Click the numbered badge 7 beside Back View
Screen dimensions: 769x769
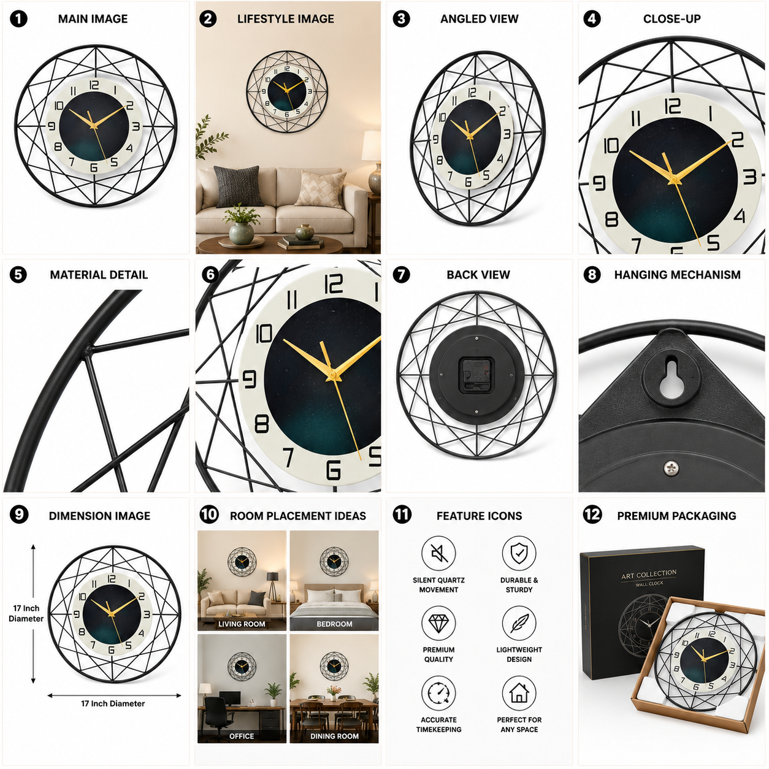tap(401, 275)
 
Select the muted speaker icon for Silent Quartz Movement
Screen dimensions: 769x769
tap(438, 554)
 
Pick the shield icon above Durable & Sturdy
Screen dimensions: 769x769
tap(519, 554)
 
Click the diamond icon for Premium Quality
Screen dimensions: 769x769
tap(438, 623)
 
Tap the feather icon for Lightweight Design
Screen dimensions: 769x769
tap(519, 623)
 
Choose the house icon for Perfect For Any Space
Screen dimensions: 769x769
tap(519, 694)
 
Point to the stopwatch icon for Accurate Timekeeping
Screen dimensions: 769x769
tap(438, 694)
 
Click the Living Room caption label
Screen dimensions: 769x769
tap(242, 624)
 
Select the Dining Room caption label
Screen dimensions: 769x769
tap(334, 736)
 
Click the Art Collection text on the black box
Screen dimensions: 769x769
tap(648, 574)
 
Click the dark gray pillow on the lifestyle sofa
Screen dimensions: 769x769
tap(239, 186)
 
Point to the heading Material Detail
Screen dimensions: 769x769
tap(99, 275)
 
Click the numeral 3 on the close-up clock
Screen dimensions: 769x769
tap(750, 177)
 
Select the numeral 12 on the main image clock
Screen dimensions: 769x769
tap(94, 85)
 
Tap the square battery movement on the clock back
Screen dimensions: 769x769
tap(476, 375)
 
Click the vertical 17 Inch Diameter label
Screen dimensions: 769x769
tap(26, 613)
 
